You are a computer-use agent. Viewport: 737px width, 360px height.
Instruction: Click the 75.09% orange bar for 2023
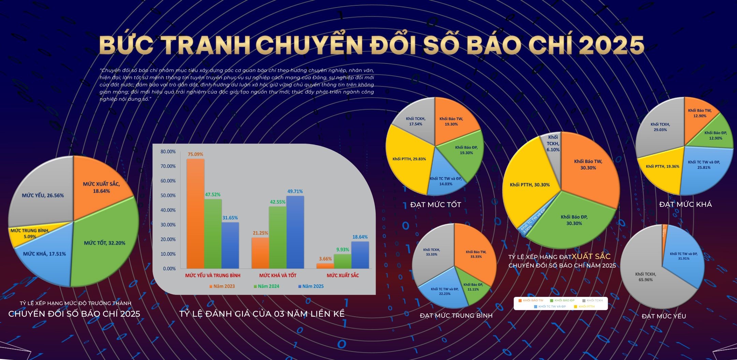point(195,213)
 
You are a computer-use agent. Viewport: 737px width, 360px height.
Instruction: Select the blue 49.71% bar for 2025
point(295,232)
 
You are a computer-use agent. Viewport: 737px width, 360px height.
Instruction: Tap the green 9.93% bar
point(342,261)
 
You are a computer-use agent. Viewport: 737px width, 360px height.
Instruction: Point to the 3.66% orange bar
point(325,265)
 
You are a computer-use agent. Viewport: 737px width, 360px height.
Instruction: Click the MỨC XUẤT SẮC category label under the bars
point(343,275)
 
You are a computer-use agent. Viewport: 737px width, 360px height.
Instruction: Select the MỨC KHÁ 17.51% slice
point(44,259)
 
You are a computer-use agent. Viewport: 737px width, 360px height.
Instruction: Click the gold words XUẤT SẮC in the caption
point(591,257)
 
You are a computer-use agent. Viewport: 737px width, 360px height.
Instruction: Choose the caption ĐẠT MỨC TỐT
point(435,205)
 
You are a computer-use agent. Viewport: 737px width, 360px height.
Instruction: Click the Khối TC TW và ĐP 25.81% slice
point(704,165)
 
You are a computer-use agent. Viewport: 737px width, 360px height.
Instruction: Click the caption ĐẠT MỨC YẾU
point(664,316)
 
